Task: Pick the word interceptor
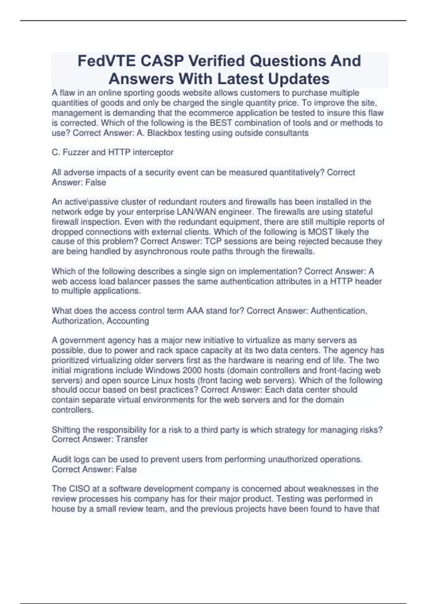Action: point(153,152)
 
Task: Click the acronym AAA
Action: point(195,311)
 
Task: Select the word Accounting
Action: point(128,321)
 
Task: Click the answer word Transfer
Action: point(132,439)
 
